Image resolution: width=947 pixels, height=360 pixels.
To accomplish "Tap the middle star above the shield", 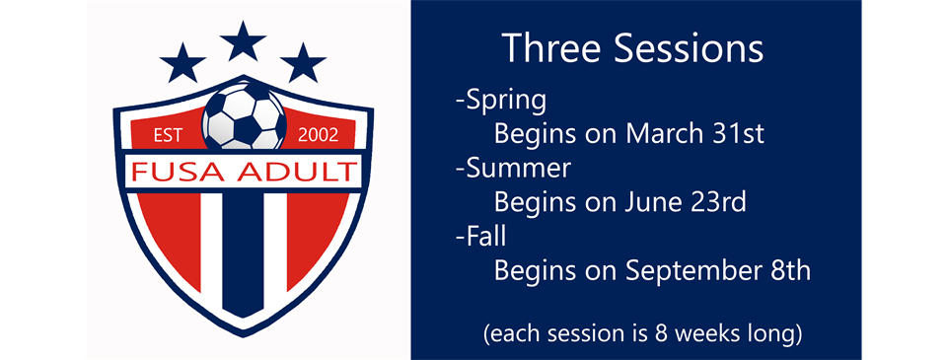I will coord(243,42).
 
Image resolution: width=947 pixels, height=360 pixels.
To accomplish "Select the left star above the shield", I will coord(182,62).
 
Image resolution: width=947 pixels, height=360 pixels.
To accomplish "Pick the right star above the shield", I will coord(303,62).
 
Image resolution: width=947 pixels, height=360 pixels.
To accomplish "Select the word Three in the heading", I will coord(546,48).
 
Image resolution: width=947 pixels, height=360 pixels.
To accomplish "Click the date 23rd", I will coord(720,202).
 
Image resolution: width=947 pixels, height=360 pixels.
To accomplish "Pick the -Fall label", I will coord(480,237).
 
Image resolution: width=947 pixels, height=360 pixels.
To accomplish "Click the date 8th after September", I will coord(790,270).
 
